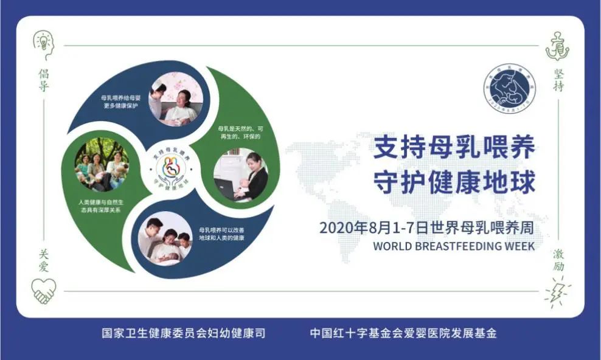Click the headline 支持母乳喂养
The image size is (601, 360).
(454, 148)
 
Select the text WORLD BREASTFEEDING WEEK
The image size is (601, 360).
(454, 246)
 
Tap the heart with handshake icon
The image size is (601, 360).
(44, 290)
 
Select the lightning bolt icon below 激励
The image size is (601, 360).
(558, 291)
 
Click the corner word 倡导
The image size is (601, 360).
(43, 80)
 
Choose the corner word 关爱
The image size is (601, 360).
(43, 261)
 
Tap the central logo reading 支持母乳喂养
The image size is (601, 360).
(168, 170)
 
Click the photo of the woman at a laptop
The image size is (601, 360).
(241, 175)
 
